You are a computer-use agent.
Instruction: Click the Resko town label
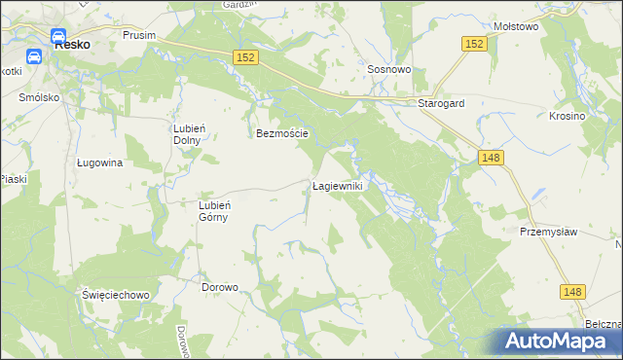click(72, 44)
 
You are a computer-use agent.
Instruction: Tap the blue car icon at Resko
click(34, 55)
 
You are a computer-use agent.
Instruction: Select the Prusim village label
click(139, 34)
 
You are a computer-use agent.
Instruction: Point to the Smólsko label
click(40, 98)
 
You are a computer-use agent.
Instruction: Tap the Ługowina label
click(99, 163)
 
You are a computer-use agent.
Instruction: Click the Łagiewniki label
click(337, 185)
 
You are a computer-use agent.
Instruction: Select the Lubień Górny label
click(213, 211)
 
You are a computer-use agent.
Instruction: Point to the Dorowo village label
click(220, 287)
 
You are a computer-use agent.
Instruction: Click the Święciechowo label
click(114, 294)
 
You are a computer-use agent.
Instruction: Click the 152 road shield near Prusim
click(245, 58)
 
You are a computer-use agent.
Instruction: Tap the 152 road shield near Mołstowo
click(474, 44)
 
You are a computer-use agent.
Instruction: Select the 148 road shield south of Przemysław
click(573, 291)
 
